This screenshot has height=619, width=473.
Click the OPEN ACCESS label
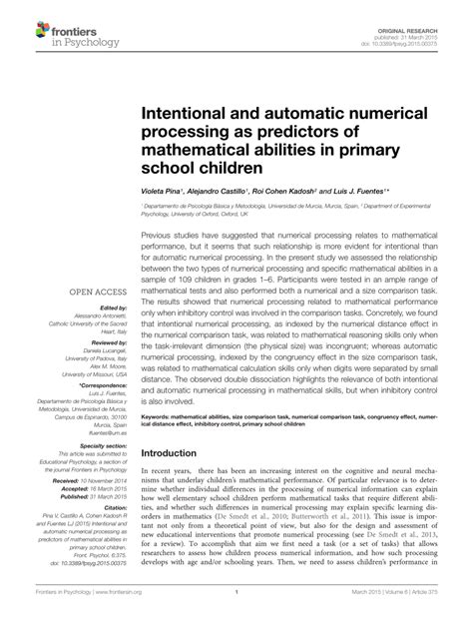(x=96, y=294)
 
